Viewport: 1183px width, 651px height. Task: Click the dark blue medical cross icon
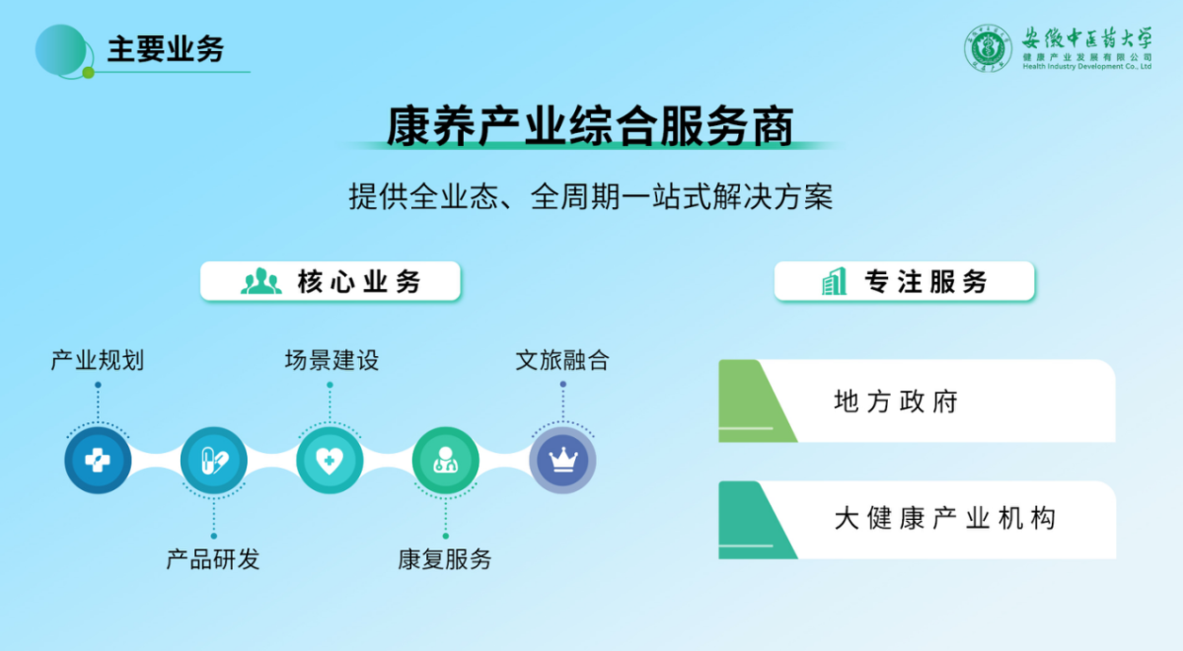coord(98,461)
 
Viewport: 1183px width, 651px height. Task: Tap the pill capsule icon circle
coord(214,461)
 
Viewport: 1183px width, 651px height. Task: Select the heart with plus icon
coord(330,461)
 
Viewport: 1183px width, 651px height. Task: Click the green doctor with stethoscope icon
coord(446,461)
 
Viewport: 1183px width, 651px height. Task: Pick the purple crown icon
coord(563,461)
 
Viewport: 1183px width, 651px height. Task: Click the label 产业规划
coord(97,361)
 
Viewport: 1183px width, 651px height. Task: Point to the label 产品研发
coord(213,559)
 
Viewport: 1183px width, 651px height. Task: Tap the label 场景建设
coord(332,361)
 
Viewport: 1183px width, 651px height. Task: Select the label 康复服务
coord(445,559)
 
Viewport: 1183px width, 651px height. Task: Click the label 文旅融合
coord(563,361)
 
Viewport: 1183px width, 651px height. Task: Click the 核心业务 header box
coord(331,281)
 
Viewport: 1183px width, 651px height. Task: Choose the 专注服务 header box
coord(904,281)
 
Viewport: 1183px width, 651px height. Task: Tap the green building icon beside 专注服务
coord(834,282)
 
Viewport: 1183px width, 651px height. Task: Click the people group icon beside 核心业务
coord(261,282)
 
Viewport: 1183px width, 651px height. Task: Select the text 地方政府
coord(896,401)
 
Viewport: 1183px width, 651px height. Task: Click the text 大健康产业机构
coord(945,518)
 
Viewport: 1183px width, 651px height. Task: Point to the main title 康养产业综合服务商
coord(590,126)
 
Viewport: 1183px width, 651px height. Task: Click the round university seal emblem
coord(988,48)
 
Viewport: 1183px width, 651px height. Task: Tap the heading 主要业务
coord(166,49)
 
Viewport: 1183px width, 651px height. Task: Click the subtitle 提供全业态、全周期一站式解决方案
coord(590,197)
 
